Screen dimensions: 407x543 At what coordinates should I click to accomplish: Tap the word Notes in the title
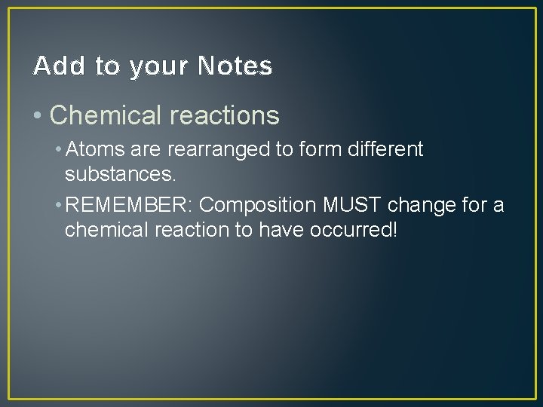point(235,66)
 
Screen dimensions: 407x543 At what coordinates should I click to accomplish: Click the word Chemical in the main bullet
point(106,115)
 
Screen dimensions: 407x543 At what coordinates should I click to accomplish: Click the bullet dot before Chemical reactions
point(38,115)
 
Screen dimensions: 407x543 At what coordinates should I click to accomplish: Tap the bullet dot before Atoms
point(59,149)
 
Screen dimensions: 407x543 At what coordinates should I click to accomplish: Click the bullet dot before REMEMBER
point(59,205)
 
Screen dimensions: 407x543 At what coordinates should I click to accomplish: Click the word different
point(383,149)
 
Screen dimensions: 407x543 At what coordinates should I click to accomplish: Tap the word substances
point(120,175)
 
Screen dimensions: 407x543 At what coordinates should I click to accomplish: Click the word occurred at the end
point(352,230)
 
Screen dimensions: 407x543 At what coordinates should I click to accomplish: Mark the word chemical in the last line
point(102,230)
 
